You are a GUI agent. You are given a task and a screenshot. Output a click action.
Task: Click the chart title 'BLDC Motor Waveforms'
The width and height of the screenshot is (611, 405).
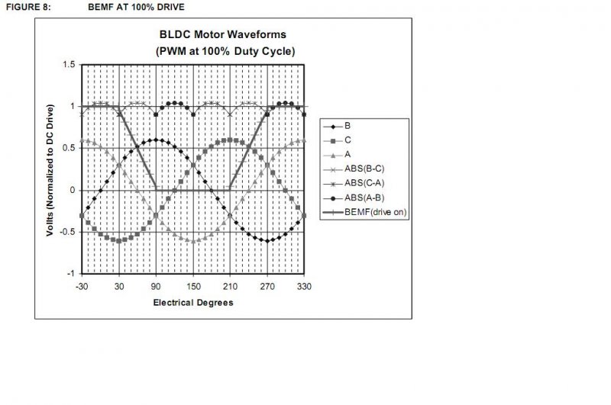tap(222, 34)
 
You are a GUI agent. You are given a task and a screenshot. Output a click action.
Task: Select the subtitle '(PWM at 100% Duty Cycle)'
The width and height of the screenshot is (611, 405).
tap(225, 51)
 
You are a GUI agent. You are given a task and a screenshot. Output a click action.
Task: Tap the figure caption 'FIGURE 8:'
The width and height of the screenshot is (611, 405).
tap(28, 7)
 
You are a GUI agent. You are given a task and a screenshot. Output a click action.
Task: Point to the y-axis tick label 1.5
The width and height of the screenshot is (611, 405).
tap(69, 65)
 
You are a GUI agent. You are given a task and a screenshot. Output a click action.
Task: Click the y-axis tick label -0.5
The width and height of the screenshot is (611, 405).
tap(67, 232)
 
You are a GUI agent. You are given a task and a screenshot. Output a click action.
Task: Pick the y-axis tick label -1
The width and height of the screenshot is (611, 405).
tap(70, 274)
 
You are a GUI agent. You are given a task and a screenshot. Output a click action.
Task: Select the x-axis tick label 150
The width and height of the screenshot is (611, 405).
tap(193, 287)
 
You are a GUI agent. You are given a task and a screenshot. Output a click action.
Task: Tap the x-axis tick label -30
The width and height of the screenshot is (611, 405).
tap(82, 287)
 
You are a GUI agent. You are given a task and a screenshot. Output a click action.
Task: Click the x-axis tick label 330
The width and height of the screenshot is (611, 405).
tap(304, 287)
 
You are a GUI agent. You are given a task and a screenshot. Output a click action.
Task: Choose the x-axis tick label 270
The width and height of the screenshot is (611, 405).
tap(267, 287)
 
